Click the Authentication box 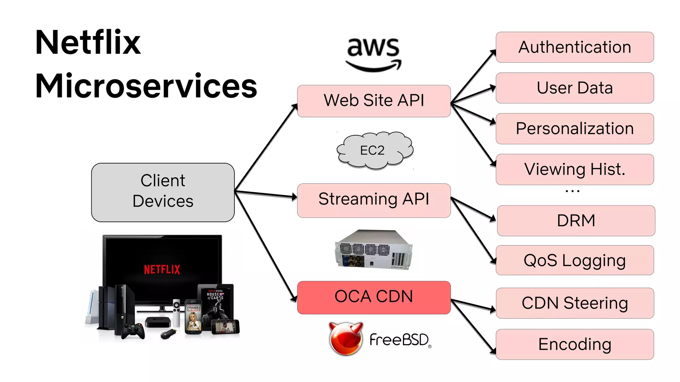click(574, 47)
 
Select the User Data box click(574, 88)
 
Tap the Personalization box click(574, 129)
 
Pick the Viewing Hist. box click(574, 169)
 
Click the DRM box click(576, 221)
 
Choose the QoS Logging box click(574, 260)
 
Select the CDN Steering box click(574, 303)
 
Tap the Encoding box click(574, 344)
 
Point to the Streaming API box click(374, 200)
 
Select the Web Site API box click(374, 101)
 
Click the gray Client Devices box click(163, 192)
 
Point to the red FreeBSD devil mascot click(346, 339)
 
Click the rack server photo click(373, 250)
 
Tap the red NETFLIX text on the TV click(162, 269)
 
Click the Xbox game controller click(133, 331)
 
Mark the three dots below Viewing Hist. click(572, 191)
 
